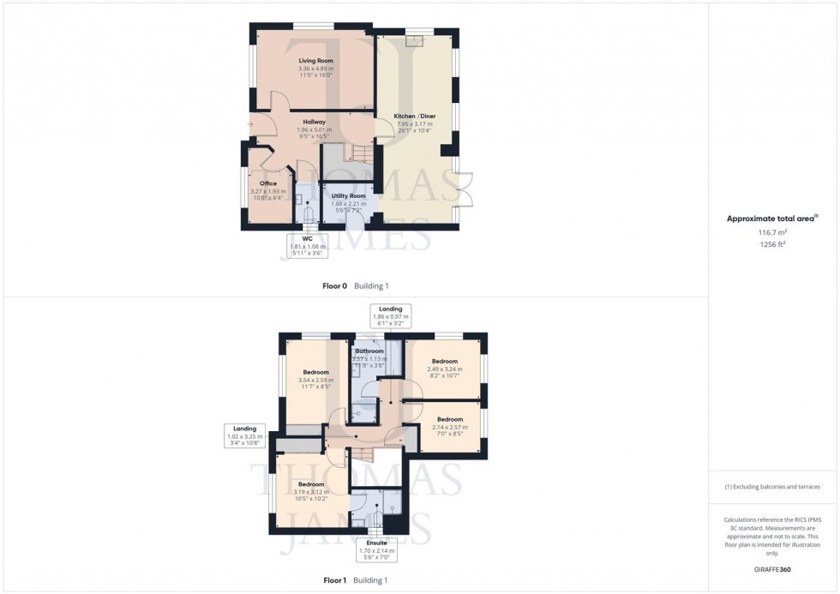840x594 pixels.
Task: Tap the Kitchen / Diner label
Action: click(414, 116)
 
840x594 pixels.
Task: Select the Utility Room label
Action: click(348, 195)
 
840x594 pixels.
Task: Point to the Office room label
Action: click(267, 182)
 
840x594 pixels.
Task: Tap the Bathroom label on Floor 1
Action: click(369, 351)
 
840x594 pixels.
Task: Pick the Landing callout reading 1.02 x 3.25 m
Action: click(246, 435)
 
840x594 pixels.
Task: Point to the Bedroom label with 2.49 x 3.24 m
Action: click(444, 361)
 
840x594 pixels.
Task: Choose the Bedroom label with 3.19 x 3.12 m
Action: click(310, 484)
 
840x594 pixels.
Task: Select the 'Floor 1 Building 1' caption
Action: click(355, 580)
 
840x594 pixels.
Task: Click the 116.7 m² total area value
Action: click(773, 231)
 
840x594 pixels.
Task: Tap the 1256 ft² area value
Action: click(773, 243)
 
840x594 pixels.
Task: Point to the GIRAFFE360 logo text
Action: click(772, 569)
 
